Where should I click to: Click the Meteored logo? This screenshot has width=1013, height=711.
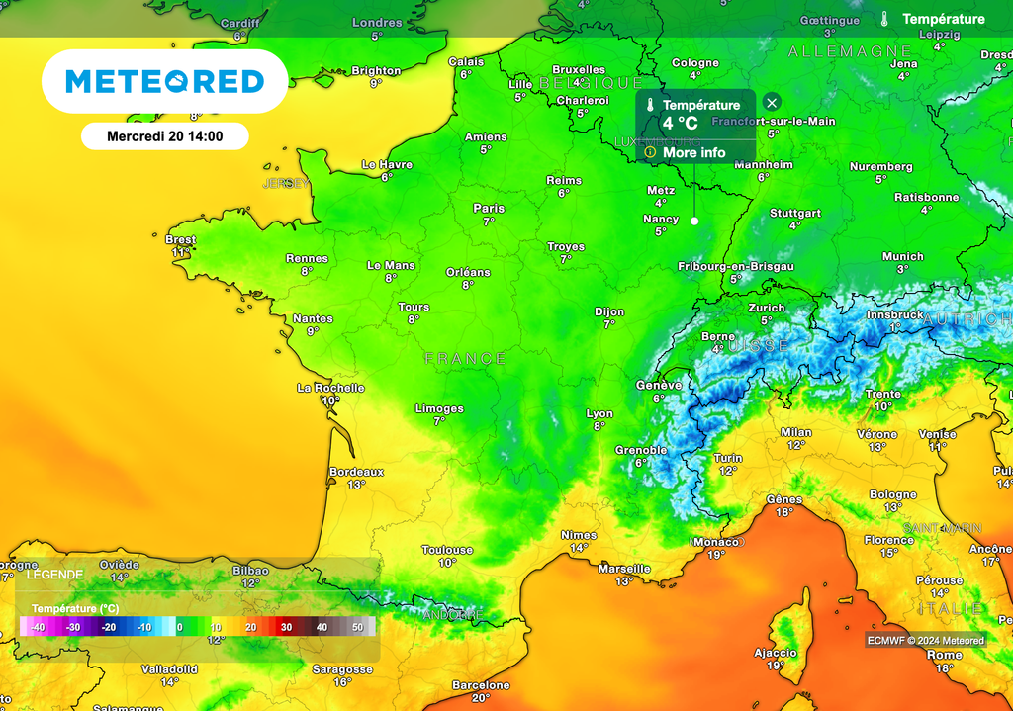pos(164,81)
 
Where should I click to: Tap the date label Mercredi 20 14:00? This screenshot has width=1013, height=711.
pos(164,137)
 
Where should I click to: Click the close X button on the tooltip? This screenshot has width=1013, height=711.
pos(772,102)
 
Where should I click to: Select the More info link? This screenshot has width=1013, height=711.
pos(693,152)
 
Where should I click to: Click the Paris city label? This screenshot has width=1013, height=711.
pos(489,209)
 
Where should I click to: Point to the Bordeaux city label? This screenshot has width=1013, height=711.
pos(356,472)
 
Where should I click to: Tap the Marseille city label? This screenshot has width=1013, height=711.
pos(624,569)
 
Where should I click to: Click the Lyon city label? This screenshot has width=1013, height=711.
pos(599,414)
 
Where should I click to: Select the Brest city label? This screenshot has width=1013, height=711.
pos(181,240)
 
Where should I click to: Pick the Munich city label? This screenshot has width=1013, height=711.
pos(903,257)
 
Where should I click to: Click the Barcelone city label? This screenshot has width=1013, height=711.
pos(481,685)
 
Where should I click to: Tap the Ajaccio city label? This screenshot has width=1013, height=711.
pos(776,653)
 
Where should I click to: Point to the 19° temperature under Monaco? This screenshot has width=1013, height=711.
pos(716,555)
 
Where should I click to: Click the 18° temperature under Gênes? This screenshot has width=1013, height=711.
pos(784,512)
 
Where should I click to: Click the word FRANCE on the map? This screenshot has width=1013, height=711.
pos(465,358)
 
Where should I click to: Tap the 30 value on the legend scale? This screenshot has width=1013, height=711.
pos(286,627)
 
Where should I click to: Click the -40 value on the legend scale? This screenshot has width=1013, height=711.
pos(38,627)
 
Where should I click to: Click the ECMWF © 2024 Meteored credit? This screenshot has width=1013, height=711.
pos(926,641)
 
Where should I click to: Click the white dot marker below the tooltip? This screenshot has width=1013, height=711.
pos(693,221)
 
